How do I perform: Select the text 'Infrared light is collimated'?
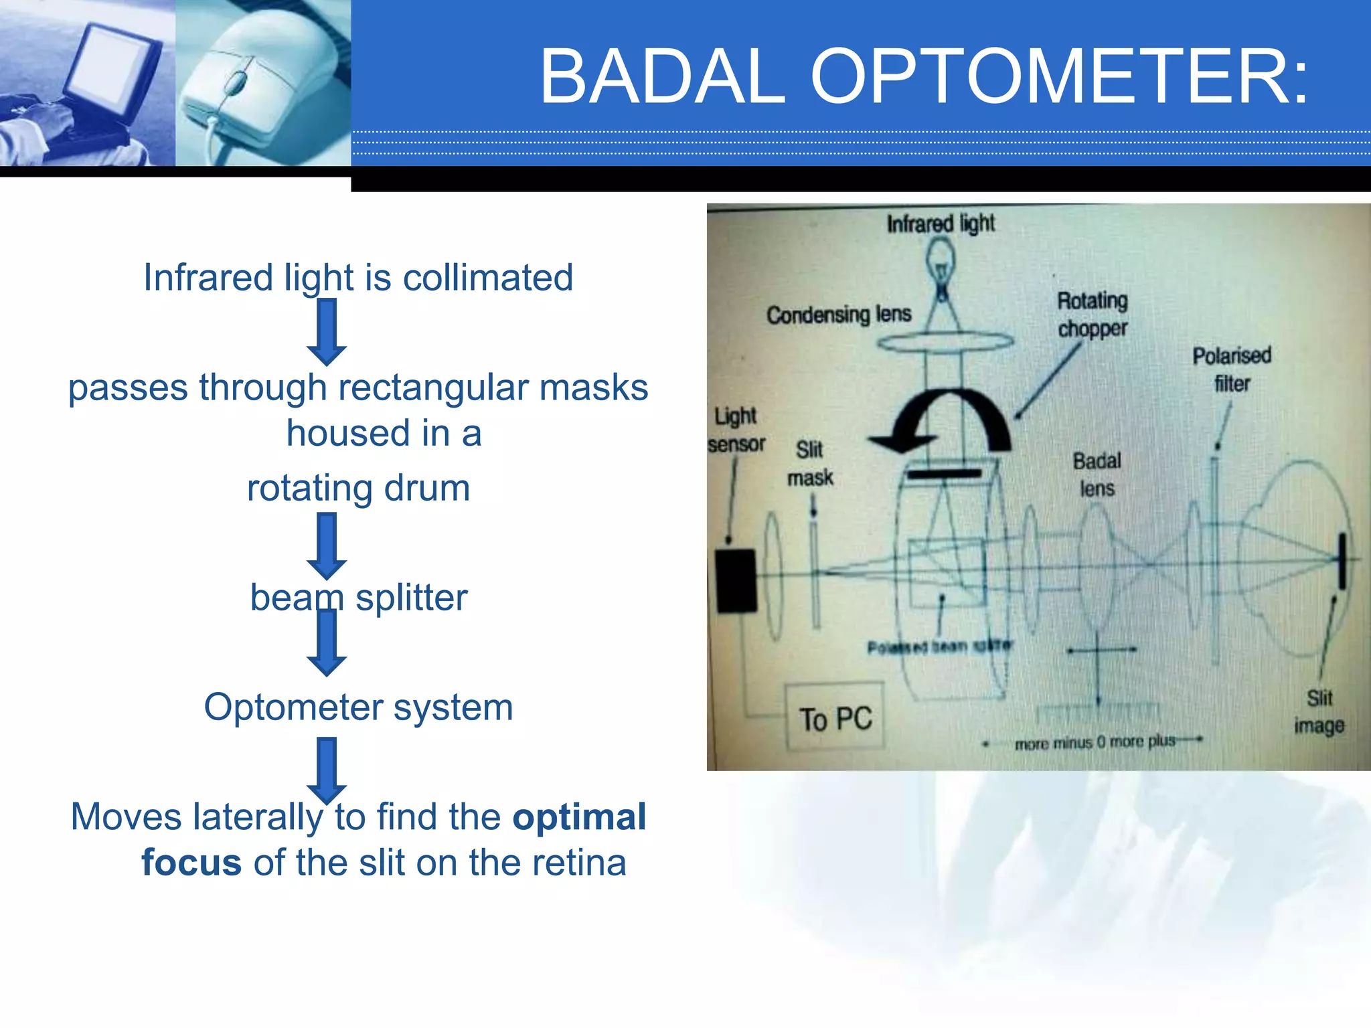[x=358, y=277]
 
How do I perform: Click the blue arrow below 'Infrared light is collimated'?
[x=327, y=331]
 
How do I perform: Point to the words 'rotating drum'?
[x=358, y=487]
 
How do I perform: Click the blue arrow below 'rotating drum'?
[x=327, y=545]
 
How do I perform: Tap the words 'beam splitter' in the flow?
[x=358, y=597]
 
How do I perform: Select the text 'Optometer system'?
[x=358, y=707]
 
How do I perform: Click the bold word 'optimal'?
[x=579, y=817]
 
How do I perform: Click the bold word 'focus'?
[x=191, y=862]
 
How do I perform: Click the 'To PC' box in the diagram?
[x=835, y=718]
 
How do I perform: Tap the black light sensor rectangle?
[x=736, y=580]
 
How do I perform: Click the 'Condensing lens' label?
[x=839, y=314]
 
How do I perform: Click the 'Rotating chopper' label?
[x=1093, y=315]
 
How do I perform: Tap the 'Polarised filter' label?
[x=1232, y=369]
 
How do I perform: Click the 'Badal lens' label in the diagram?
[x=1097, y=475]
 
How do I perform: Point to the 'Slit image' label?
[x=1319, y=711]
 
